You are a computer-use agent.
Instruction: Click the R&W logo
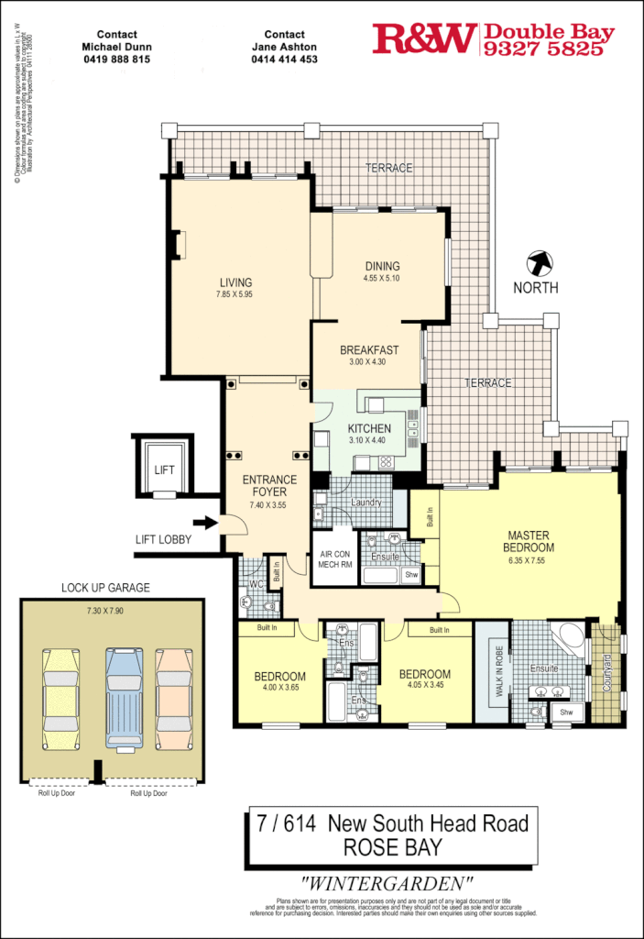point(423,39)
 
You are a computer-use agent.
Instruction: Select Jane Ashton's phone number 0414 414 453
point(284,59)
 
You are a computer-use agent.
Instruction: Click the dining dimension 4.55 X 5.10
point(381,278)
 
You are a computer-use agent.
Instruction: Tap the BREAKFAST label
point(368,350)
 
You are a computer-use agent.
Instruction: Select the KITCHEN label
point(369,428)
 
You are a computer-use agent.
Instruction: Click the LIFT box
point(164,469)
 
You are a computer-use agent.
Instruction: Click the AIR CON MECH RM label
point(334,559)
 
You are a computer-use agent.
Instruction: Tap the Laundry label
point(366,503)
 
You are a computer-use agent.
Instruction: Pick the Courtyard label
point(606,672)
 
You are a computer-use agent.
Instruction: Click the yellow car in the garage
point(61,698)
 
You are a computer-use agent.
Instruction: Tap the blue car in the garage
point(124,698)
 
